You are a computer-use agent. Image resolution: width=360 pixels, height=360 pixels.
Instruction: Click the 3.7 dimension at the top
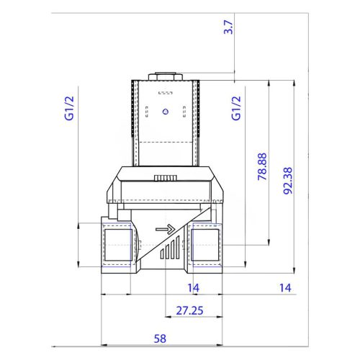pyautogui.click(x=228, y=30)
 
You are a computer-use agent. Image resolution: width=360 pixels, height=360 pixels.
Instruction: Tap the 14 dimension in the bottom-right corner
pyautogui.click(x=285, y=288)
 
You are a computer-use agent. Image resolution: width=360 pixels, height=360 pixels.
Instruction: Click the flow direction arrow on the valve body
pyautogui.click(x=166, y=230)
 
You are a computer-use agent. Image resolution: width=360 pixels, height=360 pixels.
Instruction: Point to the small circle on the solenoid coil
pyautogui.click(x=165, y=112)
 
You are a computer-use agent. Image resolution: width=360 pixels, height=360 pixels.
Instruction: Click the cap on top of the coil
pyautogui.click(x=165, y=75)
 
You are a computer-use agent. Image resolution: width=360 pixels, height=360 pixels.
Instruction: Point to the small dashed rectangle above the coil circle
pyautogui.click(x=165, y=94)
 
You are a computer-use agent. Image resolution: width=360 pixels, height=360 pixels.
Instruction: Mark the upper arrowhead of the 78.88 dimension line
pyautogui.click(x=269, y=85)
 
